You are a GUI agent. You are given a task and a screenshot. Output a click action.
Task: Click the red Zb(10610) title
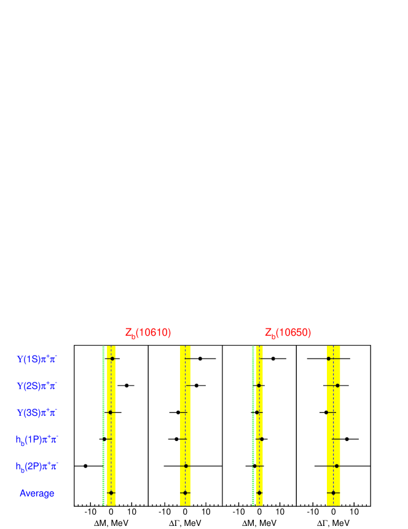(x=148, y=333)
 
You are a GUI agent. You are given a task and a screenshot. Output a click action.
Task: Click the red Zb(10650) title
(x=288, y=333)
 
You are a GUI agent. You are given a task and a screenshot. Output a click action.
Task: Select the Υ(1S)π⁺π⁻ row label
(x=37, y=359)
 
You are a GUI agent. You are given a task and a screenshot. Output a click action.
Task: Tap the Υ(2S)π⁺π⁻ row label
(x=37, y=386)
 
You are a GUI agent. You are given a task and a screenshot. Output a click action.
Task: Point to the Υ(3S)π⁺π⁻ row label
(x=37, y=412)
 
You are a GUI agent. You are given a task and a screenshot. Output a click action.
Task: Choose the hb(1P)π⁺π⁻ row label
(x=37, y=439)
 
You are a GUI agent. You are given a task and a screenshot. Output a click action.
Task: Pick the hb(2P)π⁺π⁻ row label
(x=37, y=466)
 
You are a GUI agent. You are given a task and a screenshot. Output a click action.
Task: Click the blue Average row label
(x=37, y=493)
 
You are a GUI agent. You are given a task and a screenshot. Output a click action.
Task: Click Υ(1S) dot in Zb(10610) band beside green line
(x=112, y=358)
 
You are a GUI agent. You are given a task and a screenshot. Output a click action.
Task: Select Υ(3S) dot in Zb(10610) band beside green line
(x=111, y=412)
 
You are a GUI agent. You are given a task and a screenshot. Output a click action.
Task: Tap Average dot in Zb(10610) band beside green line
(x=111, y=493)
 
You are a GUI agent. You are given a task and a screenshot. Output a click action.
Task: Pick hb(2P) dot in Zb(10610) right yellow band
(x=186, y=466)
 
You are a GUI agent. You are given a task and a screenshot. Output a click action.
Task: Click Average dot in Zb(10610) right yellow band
(x=185, y=493)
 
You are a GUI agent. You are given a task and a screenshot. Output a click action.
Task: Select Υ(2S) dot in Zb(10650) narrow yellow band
(x=259, y=386)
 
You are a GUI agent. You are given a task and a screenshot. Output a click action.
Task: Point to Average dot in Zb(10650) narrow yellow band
(x=259, y=493)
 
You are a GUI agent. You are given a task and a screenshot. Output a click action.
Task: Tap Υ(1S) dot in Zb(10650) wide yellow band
(x=329, y=358)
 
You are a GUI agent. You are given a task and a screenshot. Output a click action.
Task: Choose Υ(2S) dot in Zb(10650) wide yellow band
(x=337, y=386)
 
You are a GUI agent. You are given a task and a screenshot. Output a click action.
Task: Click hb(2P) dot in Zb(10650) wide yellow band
(x=337, y=466)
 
